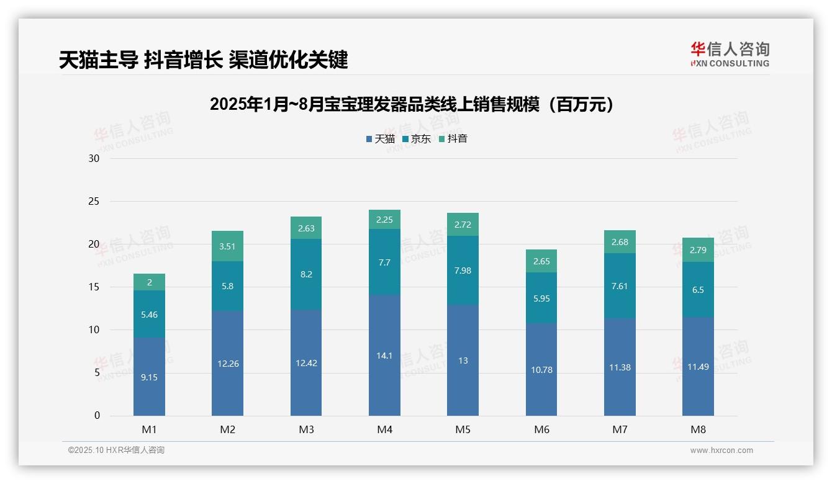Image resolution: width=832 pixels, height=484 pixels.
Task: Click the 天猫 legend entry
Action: click(x=380, y=139)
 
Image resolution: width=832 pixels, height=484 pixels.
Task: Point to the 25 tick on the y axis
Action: click(x=94, y=201)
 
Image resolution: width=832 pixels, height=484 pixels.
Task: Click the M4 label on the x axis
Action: click(x=384, y=429)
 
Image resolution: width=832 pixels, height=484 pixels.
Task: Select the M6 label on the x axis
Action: click(x=541, y=429)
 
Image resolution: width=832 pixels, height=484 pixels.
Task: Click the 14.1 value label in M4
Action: click(x=384, y=356)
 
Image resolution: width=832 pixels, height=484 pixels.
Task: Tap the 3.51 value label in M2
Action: click(x=228, y=246)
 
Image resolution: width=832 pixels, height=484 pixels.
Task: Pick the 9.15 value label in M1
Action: click(x=149, y=377)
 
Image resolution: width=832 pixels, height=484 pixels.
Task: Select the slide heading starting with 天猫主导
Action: click(x=203, y=60)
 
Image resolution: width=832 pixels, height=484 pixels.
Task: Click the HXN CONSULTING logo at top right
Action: click(x=730, y=55)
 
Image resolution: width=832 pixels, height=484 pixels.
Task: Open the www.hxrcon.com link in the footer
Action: click(x=721, y=450)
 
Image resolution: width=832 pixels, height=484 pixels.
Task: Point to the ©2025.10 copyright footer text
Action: click(x=116, y=450)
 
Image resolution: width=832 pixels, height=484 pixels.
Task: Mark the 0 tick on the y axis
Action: click(x=97, y=416)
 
